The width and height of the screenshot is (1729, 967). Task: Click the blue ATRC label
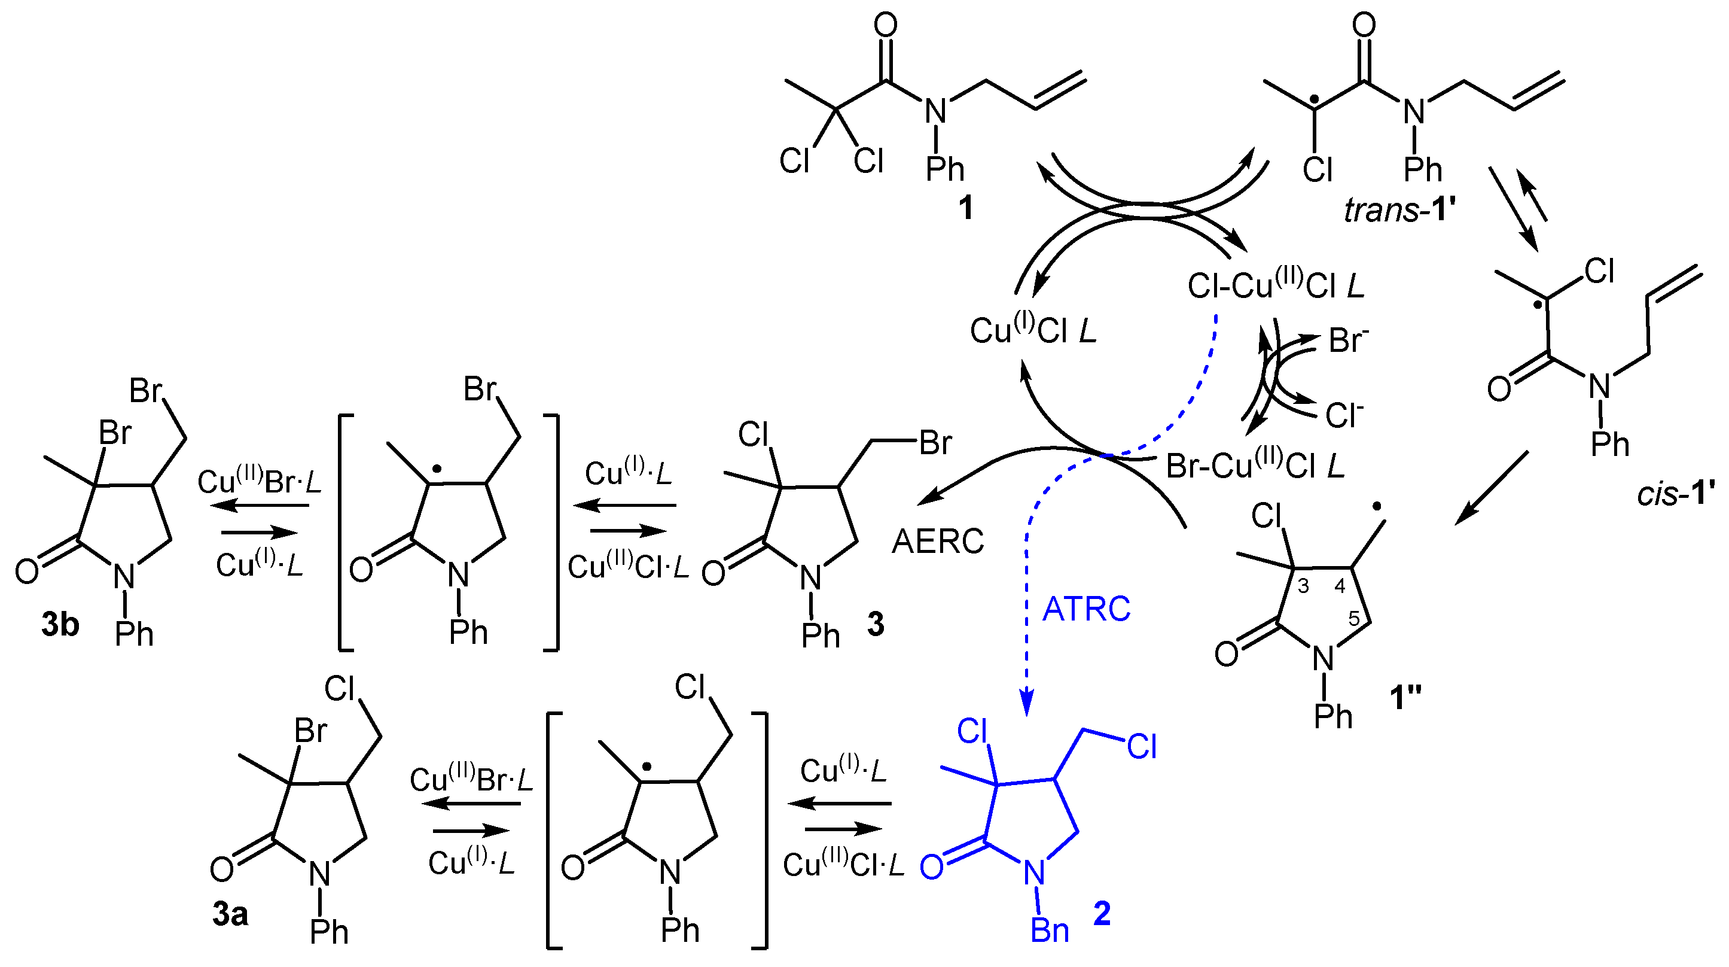tap(1086, 609)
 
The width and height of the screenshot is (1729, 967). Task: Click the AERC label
tap(938, 542)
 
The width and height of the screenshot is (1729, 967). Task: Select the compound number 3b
tap(60, 625)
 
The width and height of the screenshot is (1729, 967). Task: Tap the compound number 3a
tap(230, 914)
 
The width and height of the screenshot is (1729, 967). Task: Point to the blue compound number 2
tap(1102, 913)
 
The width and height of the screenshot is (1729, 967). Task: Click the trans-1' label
tap(1399, 210)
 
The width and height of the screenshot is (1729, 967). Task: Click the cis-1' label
tap(1675, 494)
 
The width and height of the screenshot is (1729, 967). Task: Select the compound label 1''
tap(1405, 697)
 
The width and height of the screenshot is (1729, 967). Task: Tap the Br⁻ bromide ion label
tap(1349, 340)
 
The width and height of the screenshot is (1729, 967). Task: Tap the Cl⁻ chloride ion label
tap(1344, 416)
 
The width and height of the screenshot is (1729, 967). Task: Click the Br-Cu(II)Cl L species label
tap(1255, 465)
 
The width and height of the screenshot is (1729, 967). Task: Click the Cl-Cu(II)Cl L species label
tap(1275, 285)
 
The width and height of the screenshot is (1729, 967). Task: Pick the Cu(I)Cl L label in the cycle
tap(1033, 330)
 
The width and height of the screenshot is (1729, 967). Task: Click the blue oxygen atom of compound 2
tap(932, 867)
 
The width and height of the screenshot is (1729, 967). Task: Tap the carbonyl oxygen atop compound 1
tap(885, 26)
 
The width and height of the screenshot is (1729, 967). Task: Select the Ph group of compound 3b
tap(134, 633)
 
